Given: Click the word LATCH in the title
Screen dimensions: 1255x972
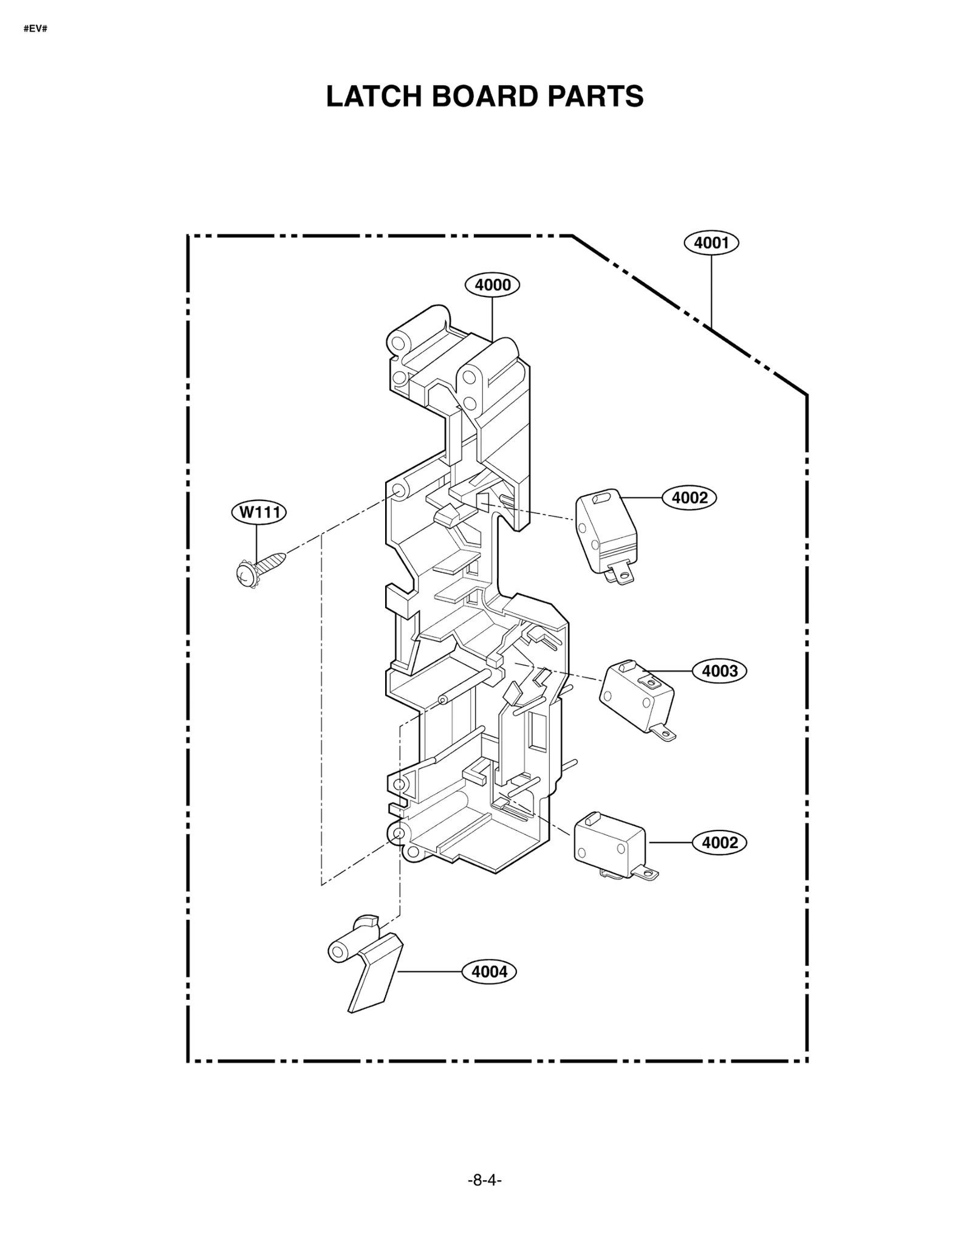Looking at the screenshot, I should (x=374, y=96).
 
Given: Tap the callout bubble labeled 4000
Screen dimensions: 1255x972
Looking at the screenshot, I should (x=492, y=285).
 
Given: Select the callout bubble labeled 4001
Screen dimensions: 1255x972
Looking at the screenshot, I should (x=711, y=243).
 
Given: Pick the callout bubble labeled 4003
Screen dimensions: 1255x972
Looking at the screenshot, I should (x=719, y=671).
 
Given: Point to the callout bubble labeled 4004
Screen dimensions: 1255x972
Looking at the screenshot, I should (x=489, y=972).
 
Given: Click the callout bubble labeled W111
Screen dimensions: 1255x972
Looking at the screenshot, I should (x=259, y=512).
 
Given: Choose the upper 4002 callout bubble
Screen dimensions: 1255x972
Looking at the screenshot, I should (x=690, y=498).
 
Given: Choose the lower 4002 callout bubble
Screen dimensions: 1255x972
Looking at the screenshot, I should (x=719, y=843).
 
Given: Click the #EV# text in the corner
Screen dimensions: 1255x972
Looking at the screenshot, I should (x=35, y=29).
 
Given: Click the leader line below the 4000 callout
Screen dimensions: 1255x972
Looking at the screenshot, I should (x=492, y=319).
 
